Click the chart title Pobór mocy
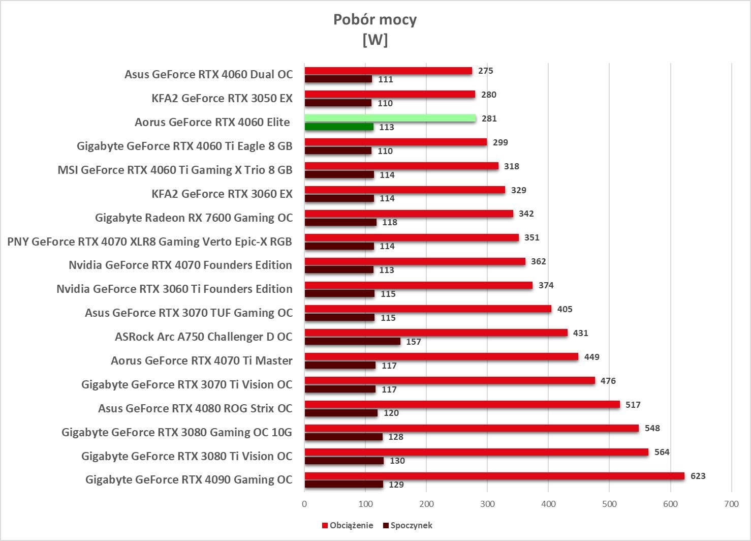click(374, 19)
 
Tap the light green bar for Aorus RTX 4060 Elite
click(390, 118)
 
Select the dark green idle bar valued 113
click(339, 127)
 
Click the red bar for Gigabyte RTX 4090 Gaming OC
click(494, 476)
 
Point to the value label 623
click(698, 476)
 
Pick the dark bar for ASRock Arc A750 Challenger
click(352, 341)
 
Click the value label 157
click(413, 342)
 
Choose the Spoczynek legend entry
click(411, 525)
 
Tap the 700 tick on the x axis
click(731, 504)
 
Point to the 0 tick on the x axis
click(304, 504)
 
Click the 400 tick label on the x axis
click(548, 504)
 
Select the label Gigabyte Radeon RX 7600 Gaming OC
click(194, 218)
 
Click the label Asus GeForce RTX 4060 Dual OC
click(208, 74)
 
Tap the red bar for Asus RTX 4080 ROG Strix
click(462, 404)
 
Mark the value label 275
click(485, 71)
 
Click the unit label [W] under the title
click(374, 39)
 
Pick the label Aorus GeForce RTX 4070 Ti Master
click(201, 360)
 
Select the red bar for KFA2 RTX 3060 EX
click(404, 190)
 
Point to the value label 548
click(652, 428)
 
